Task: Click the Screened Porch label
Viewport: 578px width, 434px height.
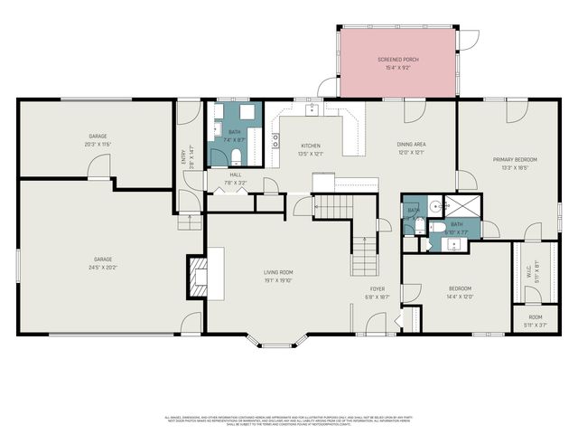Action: click(397, 63)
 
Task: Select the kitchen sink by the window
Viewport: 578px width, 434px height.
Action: click(312, 109)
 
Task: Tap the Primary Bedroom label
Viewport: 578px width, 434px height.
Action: click(515, 164)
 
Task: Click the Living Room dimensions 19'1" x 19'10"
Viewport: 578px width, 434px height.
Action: click(279, 277)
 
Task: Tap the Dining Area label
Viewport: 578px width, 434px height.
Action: click(411, 148)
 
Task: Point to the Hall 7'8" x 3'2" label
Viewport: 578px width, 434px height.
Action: click(235, 178)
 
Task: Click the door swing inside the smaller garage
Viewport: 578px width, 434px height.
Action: click(97, 167)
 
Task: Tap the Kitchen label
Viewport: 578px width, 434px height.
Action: click(311, 149)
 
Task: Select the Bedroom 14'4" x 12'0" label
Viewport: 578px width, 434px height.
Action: click(459, 292)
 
